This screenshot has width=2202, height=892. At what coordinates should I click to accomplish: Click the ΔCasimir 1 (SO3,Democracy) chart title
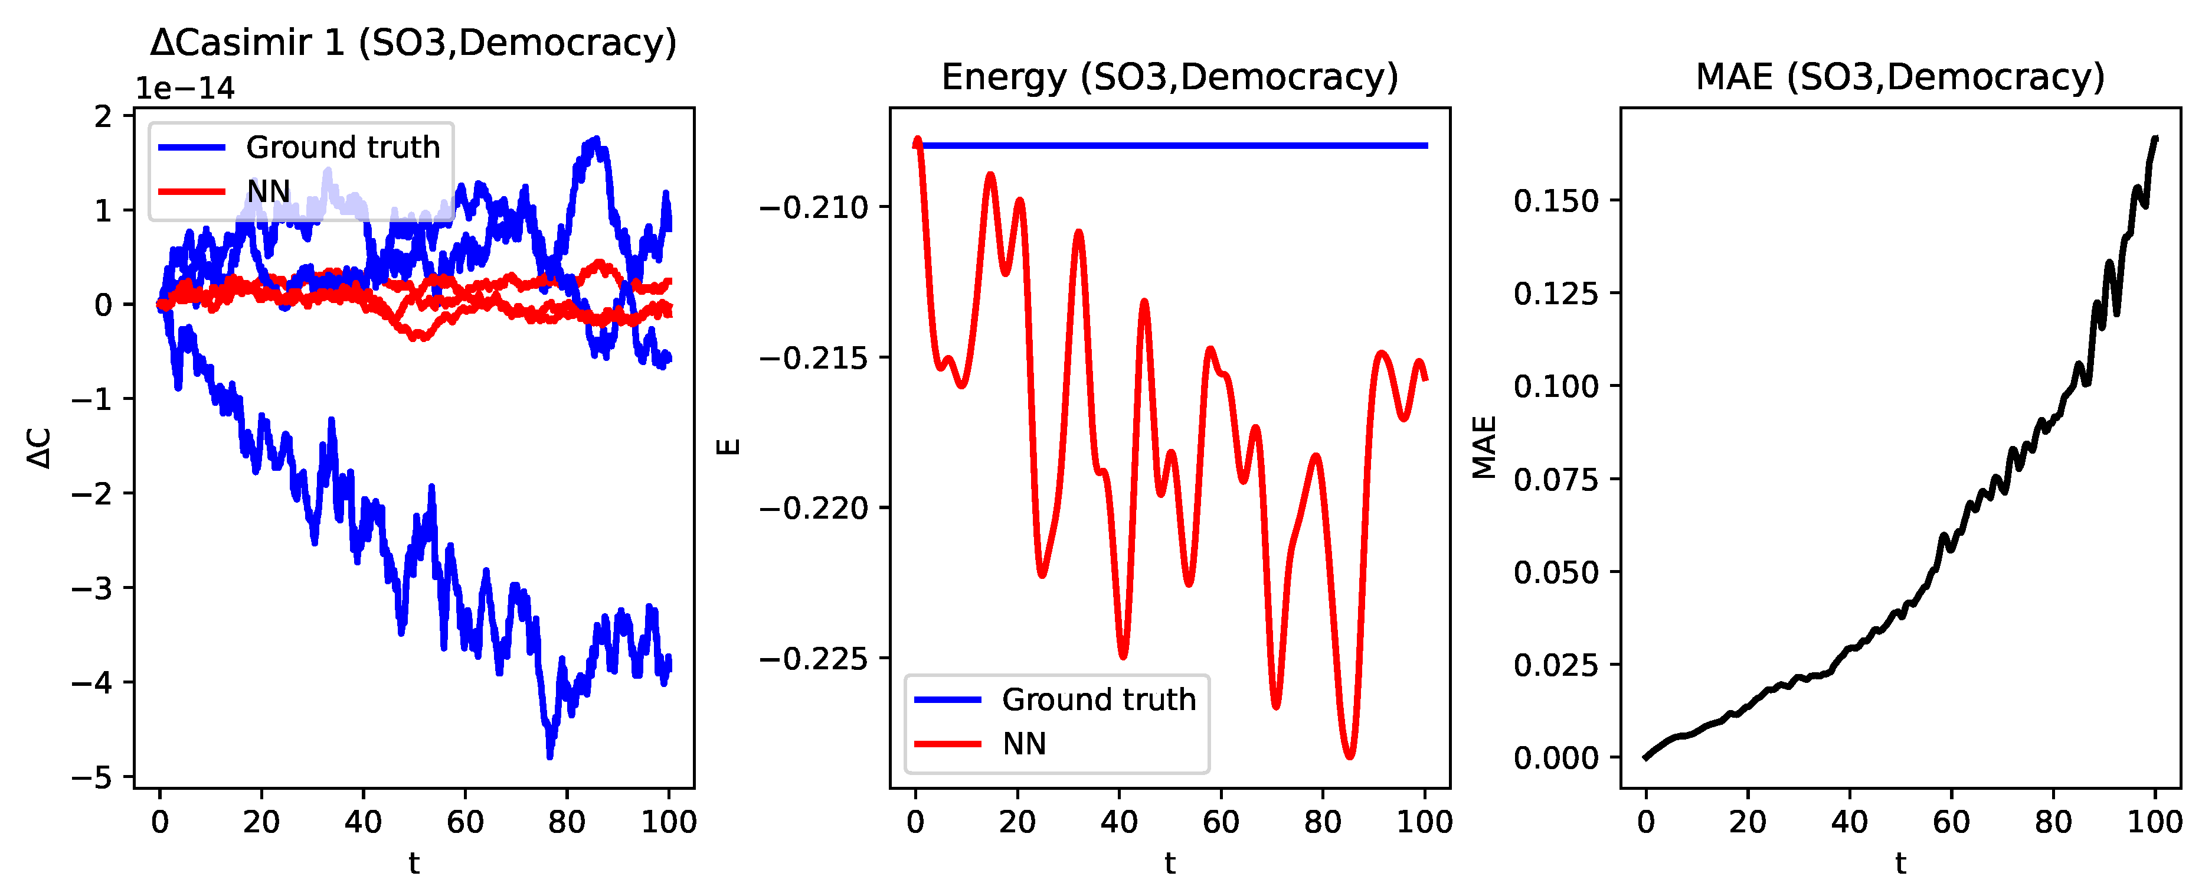(414, 43)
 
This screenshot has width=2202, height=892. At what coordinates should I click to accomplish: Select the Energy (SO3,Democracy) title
(1169, 77)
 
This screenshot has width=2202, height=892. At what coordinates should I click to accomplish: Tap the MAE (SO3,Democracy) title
(1900, 77)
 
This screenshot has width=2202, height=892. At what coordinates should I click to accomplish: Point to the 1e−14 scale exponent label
(185, 88)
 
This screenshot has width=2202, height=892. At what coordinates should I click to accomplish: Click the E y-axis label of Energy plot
(728, 447)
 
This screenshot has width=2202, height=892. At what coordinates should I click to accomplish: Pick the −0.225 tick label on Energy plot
(813, 659)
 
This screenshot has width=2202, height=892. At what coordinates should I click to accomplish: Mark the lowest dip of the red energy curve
(1350, 756)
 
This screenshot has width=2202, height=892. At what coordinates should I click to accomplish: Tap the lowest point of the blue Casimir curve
(549, 755)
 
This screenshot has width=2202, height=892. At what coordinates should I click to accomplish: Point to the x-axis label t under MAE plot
(1900, 863)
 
